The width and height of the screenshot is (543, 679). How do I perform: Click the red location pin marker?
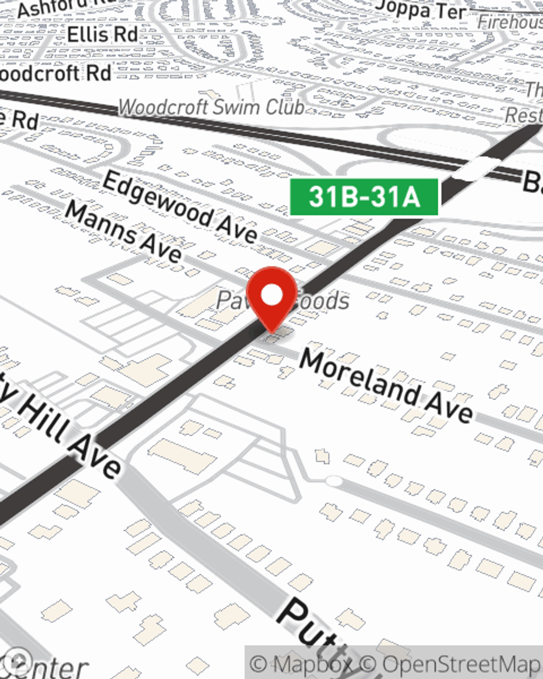272,299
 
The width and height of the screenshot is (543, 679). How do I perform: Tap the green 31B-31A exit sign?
364,197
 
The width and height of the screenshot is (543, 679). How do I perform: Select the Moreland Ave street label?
386,386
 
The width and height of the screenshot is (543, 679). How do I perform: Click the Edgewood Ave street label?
180,206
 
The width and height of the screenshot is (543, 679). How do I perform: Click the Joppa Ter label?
421,10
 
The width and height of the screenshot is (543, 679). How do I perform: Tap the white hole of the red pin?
272,295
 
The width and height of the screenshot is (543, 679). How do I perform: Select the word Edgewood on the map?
157,198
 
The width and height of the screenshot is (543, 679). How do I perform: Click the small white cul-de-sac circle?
333,481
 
